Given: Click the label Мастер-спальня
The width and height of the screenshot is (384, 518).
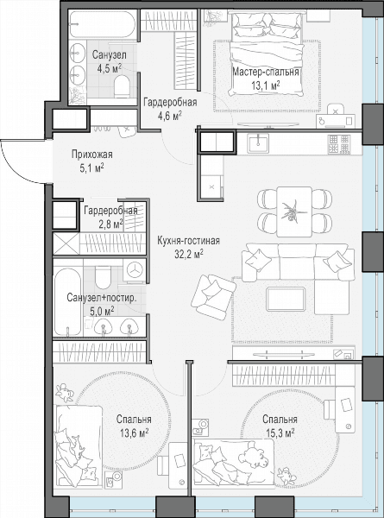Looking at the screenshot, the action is coord(266,72).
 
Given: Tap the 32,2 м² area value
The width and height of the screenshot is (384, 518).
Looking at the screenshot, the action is coord(188,254).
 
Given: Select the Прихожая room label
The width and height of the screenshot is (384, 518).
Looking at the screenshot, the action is coord(92,154).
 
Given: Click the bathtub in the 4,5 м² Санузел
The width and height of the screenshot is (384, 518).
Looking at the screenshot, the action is coord(103,25).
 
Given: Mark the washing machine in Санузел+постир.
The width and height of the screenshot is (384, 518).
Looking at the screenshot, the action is coord(135,271).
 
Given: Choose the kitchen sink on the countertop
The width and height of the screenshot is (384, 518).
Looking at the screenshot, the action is coord(259,144).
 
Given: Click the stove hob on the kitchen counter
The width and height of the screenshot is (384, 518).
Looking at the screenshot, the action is coord(339,145).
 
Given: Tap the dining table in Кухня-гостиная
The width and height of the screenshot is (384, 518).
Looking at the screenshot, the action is coord(294,212).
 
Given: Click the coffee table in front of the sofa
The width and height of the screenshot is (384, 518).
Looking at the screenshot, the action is coord(286,300).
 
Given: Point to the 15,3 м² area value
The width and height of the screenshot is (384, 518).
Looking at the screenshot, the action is coord(280,433).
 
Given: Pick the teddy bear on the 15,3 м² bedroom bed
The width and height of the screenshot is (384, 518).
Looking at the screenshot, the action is coord(252,458).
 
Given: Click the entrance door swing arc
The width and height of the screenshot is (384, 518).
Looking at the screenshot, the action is coord(19,166).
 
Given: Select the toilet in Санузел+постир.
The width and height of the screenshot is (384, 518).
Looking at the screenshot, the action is coord(104,277).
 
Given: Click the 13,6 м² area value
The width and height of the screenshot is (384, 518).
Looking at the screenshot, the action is coord(134,433).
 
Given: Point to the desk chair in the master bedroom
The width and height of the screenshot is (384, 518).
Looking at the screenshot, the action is coord(336,110).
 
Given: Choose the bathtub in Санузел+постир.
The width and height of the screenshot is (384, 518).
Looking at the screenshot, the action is coord(68,301).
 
